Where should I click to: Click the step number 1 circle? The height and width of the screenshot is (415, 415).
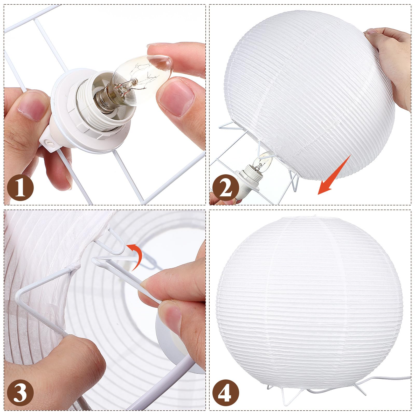click(x=20, y=188)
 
